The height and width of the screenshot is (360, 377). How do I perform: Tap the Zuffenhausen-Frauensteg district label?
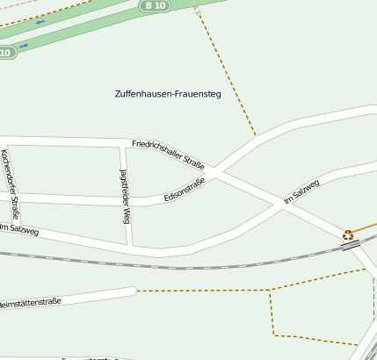point(168,94)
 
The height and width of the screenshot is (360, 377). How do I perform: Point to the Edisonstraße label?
point(185,191)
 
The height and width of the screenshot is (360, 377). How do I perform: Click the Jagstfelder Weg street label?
point(125,196)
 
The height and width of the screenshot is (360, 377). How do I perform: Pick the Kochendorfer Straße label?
point(11,185)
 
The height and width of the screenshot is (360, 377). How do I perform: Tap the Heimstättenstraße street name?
point(31,303)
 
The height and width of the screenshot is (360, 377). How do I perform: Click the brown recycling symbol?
point(348,234)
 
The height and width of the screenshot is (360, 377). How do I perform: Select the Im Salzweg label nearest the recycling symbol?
point(301,193)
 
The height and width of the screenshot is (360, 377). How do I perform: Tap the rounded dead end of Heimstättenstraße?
point(131,291)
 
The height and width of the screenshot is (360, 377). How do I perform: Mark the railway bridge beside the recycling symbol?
point(352,246)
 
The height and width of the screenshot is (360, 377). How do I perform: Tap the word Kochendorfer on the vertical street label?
point(8,171)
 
